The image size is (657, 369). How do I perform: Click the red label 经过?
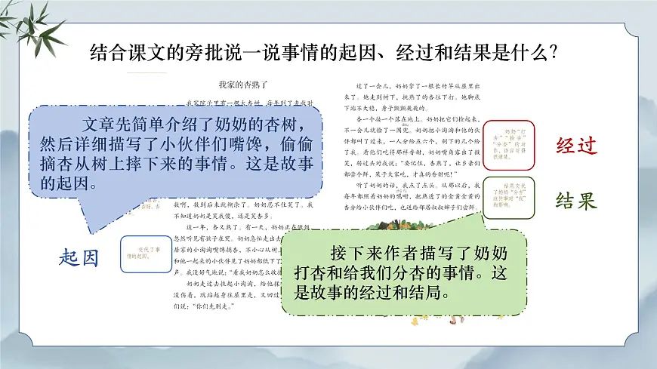(x=576, y=145)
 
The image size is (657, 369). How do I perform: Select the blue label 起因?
(x=79, y=257)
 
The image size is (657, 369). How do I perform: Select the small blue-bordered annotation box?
(x=140, y=253)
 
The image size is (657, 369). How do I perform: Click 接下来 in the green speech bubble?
(x=345, y=252)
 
